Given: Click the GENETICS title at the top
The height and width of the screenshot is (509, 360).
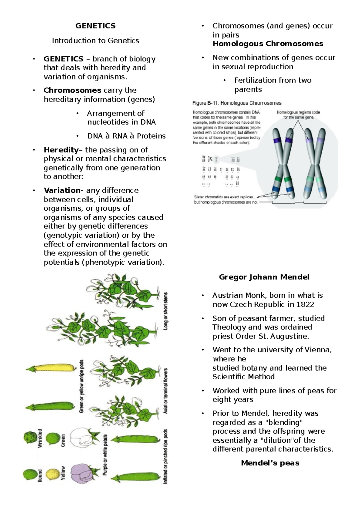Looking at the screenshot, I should tap(95, 26).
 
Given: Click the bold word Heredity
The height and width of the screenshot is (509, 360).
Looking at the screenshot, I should tap(61, 150).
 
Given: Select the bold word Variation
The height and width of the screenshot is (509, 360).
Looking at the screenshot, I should tap(64, 190).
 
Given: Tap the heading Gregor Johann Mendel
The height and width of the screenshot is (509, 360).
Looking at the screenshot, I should tap(264, 277).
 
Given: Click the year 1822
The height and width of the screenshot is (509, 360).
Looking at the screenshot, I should tap(305, 304).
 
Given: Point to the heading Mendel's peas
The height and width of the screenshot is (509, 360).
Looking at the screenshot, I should tap(270, 463).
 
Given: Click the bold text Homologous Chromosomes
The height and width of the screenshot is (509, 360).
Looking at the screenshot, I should tap(268, 44).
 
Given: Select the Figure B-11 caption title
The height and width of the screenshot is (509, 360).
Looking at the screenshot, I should tap(237, 103).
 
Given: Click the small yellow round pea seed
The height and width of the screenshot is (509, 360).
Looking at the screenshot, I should tap(53, 474).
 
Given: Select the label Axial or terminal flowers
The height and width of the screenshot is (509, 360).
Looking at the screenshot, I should tap(166, 391).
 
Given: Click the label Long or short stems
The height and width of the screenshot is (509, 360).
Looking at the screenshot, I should tap(166, 311).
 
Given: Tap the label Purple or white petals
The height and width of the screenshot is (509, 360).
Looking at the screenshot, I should tap(105, 460).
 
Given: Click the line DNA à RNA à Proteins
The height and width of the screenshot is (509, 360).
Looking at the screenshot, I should tap(126, 136).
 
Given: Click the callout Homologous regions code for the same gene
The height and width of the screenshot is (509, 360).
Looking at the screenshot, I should tap(298, 115).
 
